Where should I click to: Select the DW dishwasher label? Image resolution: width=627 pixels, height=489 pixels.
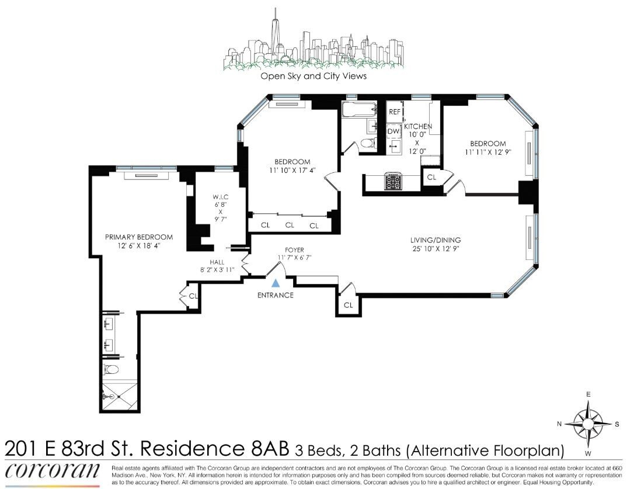[x=393, y=131]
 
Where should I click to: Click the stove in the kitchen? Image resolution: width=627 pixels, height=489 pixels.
[x=392, y=182]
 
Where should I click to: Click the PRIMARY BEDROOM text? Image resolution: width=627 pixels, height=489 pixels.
[x=139, y=237]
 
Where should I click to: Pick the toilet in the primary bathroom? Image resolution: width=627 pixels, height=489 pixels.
[x=110, y=369]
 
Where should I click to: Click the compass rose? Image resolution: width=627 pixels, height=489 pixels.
[x=588, y=422]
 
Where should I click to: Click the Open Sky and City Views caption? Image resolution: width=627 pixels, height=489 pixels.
[x=313, y=77]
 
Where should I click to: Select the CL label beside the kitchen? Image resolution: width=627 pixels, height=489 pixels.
[x=432, y=176]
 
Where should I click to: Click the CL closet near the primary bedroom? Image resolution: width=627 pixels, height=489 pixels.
[x=193, y=297]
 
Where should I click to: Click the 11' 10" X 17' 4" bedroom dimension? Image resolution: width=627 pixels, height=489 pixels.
[x=293, y=171]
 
